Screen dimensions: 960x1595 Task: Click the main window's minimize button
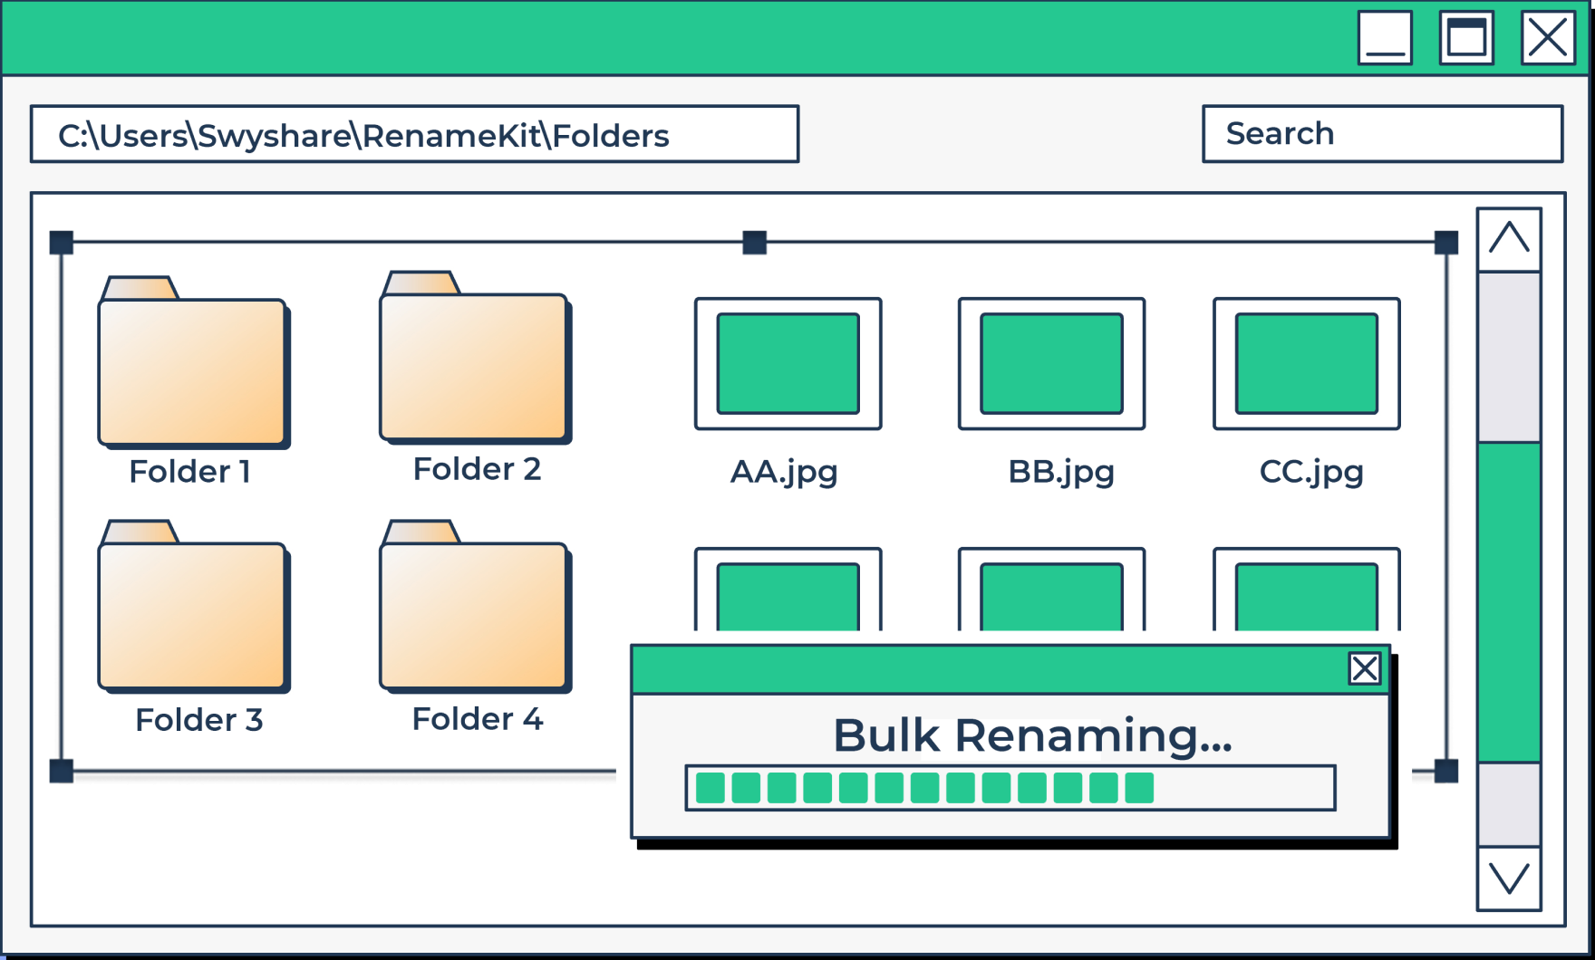point(1385,38)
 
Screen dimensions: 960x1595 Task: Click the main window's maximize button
point(1466,38)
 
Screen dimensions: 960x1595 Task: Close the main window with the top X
point(1547,38)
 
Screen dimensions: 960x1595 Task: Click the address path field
point(414,135)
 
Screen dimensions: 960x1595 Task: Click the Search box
point(1382,134)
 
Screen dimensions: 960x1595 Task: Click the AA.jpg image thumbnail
point(788,363)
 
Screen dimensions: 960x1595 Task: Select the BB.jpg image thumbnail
point(1051,363)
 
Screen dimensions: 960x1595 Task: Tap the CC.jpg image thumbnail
point(1306,363)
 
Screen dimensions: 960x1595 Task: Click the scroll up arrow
point(1509,239)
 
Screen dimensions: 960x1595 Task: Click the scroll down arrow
point(1509,878)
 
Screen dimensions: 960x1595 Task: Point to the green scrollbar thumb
point(1509,602)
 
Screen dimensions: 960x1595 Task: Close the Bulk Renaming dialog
point(1364,669)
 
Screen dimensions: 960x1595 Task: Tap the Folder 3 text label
point(198,720)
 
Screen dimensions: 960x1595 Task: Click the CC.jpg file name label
point(1311,472)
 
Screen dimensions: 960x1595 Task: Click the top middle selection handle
point(754,243)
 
